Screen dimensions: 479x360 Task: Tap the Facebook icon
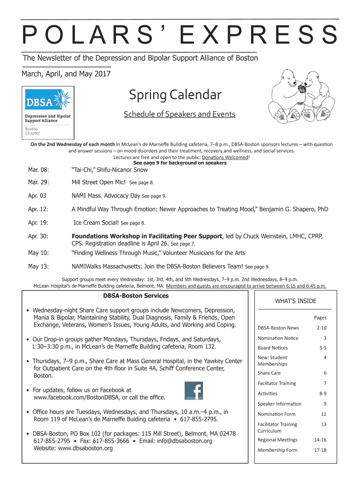pyautogui.click(x=193, y=392)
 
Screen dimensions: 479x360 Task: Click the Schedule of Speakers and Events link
pyautogui.click(x=179, y=115)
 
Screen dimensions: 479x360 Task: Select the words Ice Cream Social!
pyautogui.click(x=97, y=223)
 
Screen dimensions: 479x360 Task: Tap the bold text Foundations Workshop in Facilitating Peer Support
pyautogui.click(x=147, y=236)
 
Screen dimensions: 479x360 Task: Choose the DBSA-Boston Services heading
pyautogui.click(x=136, y=296)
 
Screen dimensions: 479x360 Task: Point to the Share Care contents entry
pyautogui.click(x=269, y=373)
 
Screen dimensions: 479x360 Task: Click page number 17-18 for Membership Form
pyautogui.click(x=320, y=450)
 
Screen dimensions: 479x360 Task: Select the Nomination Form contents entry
pyautogui.click(x=276, y=414)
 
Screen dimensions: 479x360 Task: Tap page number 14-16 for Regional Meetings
pyautogui.click(x=320, y=440)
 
